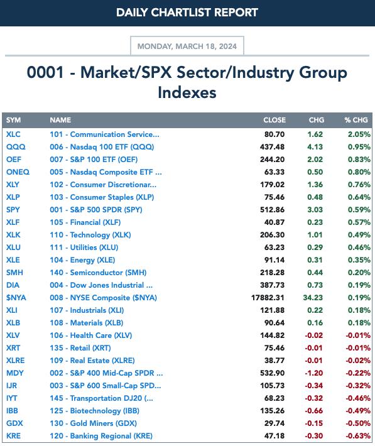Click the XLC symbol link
[x=13, y=134]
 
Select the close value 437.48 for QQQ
[x=272, y=147]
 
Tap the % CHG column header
[x=356, y=120]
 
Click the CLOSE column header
[x=274, y=120]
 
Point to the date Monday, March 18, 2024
[x=187, y=46]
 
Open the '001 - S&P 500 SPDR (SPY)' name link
[x=96, y=210]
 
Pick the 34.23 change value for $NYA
[x=313, y=298]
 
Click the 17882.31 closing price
[x=268, y=298]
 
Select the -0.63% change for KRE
[x=358, y=436]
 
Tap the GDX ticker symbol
[x=14, y=423]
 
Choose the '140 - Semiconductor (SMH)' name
[x=98, y=273]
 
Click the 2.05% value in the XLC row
[x=359, y=134]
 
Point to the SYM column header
[x=13, y=120]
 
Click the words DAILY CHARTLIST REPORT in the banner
[x=187, y=13]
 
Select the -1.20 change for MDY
[x=314, y=373]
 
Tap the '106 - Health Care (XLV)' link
[x=90, y=335]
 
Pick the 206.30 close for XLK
[x=272, y=235]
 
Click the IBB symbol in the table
[x=12, y=411]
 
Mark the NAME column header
[x=60, y=120]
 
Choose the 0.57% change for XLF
[x=359, y=222]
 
